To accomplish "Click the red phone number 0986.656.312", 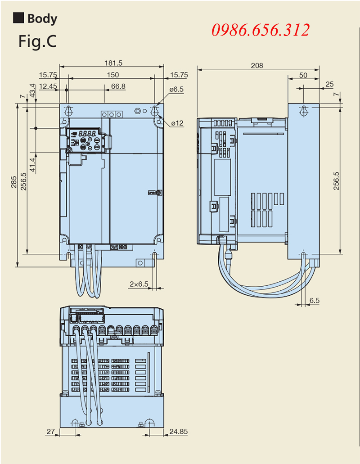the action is (x=261, y=30).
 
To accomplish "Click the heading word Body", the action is (x=42, y=18).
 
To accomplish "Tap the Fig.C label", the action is (x=37, y=41).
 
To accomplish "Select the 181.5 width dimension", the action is (x=113, y=63).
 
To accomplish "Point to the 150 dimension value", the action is (x=112, y=75).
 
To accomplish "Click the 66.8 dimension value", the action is (x=118, y=86).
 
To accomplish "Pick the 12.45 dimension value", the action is (x=48, y=86).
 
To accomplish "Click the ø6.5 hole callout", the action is (x=176, y=89).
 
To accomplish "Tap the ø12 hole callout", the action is (x=177, y=123).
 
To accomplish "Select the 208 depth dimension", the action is (x=257, y=65).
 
